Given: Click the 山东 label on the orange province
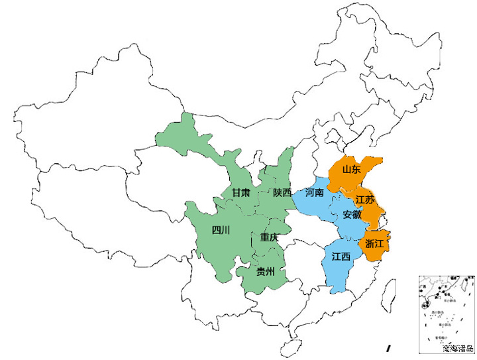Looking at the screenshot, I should click(351, 169).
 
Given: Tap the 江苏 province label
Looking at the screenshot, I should click(364, 200).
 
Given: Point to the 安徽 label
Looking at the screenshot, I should click(352, 215).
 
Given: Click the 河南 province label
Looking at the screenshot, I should click(315, 193).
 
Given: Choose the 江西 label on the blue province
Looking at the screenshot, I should click(341, 257).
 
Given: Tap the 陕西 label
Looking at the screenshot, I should click(282, 193).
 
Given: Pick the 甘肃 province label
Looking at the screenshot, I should click(241, 193).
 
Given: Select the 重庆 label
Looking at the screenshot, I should click(270, 237).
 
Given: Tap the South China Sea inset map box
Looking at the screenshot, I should click(445, 312).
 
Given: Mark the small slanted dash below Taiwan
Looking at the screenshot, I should click(389, 347).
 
